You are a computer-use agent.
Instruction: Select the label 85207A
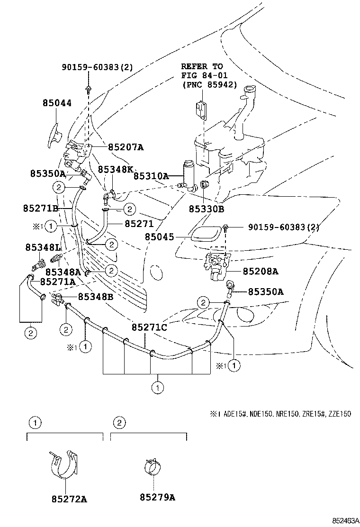[x=122, y=147]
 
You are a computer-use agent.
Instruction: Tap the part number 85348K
[x=116, y=169]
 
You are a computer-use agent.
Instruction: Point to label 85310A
[x=151, y=176]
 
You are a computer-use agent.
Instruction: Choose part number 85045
[x=159, y=236]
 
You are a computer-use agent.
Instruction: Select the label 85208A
[x=260, y=272]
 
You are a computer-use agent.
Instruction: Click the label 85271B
[x=40, y=208]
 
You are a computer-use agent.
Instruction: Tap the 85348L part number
[x=43, y=247]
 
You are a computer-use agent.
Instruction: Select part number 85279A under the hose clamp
[x=157, y=497]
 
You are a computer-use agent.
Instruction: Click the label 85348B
[x=95, y=297]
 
